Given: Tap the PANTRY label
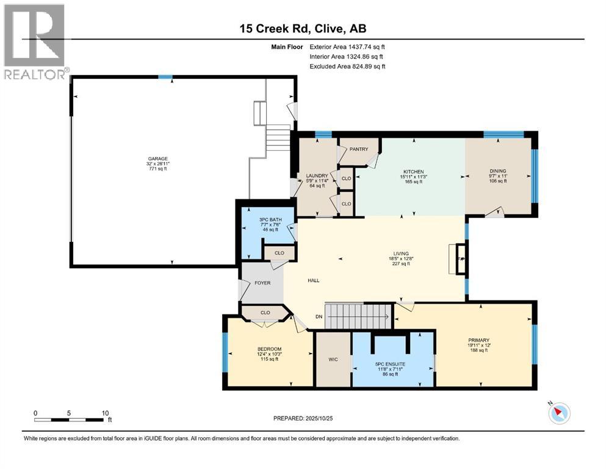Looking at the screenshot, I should (x=359, y=149).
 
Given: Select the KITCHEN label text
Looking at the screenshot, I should (x=409, y=172).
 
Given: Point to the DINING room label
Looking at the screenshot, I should (x=497, y=171).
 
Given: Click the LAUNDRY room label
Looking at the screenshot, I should (x=317, y=176).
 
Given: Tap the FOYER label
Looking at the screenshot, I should (x=262, y=283).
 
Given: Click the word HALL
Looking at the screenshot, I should (x=313, y=280).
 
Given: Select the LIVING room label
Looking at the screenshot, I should (x=400, y=253).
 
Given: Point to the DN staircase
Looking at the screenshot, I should (x=357, y=316).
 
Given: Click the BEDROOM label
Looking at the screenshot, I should (x=269, y=349).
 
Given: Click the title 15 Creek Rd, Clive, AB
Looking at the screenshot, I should (x=302, y=29).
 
